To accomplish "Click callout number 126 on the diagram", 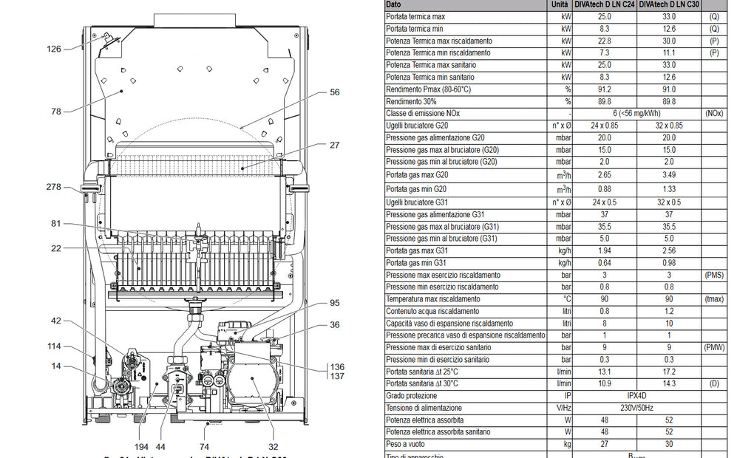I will pos(53,49).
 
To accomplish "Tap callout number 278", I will pos(53,187).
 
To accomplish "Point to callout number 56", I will pos(335,92).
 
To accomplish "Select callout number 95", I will pos(335,303).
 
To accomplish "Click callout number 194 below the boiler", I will pos(142,447).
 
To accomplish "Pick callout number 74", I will pos(205,447).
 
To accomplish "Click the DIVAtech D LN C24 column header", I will pos(605,4).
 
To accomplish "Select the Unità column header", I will pos(560,4).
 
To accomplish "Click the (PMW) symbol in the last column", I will pos(714,347).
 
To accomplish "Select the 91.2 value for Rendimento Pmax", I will pos(605,89).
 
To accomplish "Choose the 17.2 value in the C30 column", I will pos(668,372).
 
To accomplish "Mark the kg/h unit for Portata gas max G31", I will pos(565,251).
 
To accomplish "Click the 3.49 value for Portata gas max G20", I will pos(668,175).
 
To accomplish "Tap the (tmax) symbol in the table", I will pos(714,299).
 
